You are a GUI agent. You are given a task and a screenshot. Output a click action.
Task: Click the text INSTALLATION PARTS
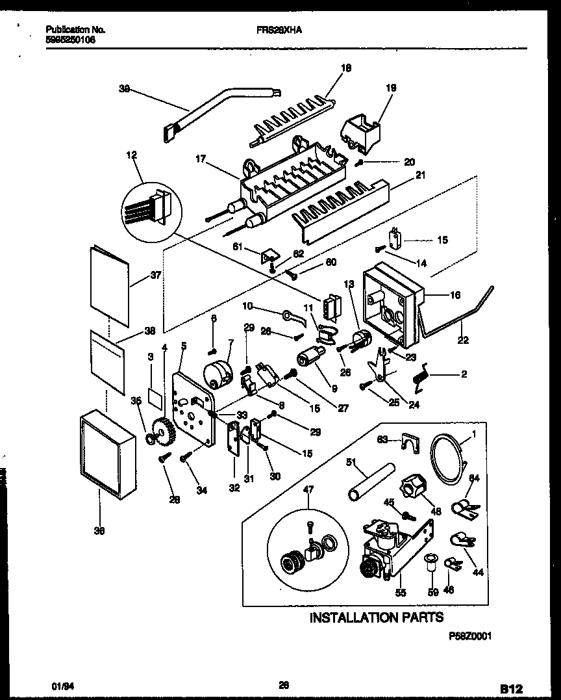(376, 617)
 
